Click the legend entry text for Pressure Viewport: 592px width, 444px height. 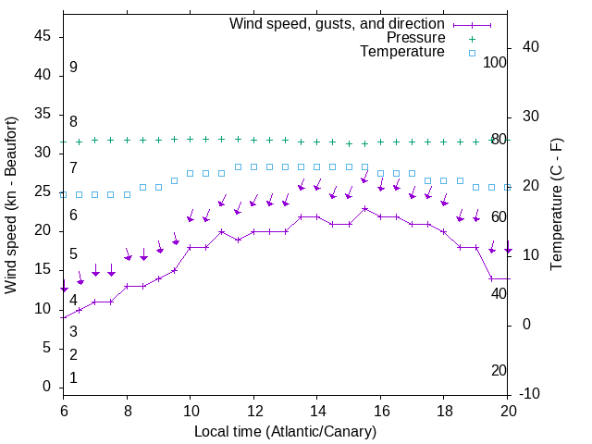(415, 38)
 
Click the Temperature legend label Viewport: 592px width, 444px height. (402, 53)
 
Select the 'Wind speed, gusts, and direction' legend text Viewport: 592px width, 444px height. (337, 23)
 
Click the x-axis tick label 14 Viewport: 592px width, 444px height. (316, 412)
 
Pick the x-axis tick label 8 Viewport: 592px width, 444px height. (127, 412)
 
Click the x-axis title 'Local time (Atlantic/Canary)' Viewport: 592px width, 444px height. (285, 431)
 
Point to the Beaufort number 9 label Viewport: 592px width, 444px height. (73, 68)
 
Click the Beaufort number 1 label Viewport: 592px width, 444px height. (73, 378)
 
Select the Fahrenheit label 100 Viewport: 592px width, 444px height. (496, 62)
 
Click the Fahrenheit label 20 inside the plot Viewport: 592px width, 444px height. (499, 371)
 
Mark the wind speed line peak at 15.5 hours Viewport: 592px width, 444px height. (364, 208)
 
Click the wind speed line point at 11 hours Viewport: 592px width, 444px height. (222, 231)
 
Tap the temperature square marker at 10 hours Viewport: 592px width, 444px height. (190, 173)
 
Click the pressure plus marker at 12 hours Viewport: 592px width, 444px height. (253, 140)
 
